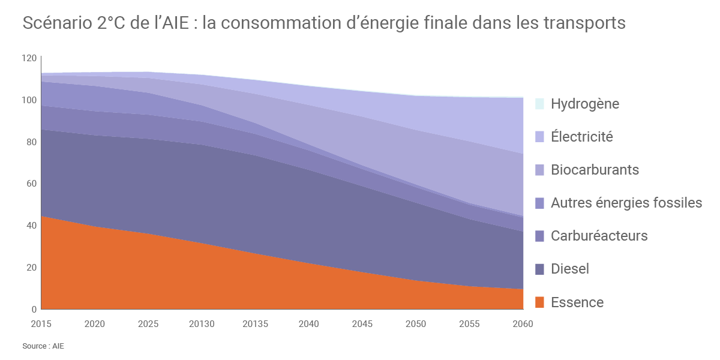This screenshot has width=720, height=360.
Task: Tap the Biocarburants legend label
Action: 595,170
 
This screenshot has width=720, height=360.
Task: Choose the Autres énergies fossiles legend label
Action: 626,203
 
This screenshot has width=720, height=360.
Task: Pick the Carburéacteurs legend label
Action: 599,236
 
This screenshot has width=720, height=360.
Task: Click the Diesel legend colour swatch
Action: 539,269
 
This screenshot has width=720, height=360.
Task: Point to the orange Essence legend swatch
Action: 539,302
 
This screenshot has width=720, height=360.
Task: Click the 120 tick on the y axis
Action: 29,58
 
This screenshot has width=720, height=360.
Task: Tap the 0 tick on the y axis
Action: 34,310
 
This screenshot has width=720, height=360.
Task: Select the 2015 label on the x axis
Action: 41,324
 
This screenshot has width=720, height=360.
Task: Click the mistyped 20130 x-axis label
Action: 202,324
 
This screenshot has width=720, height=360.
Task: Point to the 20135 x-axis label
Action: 255,324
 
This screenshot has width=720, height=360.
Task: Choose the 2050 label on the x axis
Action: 416,324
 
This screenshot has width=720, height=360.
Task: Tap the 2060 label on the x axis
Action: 523,324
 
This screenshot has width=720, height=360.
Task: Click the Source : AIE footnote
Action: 43,346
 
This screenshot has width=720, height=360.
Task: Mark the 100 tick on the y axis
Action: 29,100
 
